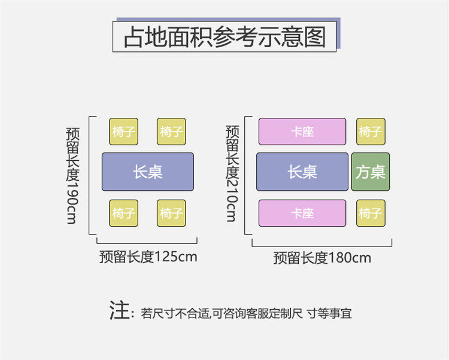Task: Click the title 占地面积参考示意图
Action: pos(224,36)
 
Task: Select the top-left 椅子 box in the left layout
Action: pos(123,132)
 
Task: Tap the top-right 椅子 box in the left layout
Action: pos(171,132)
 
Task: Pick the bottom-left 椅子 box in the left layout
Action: pos(123,213)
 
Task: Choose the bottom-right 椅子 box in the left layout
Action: pos(171,213)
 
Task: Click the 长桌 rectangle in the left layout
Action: pos(148,172)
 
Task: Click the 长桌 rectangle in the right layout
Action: pos(302,172)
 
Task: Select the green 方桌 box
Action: pos(371,172)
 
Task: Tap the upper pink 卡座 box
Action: pos(302,132)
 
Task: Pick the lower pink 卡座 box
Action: pos(302,213)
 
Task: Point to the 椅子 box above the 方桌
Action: pos(371,132)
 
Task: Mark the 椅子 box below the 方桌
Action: pos(371,213)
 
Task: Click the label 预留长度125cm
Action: pos(148,257)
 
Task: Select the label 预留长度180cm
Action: pos(322,258)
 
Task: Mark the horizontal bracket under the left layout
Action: pos(147,242)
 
